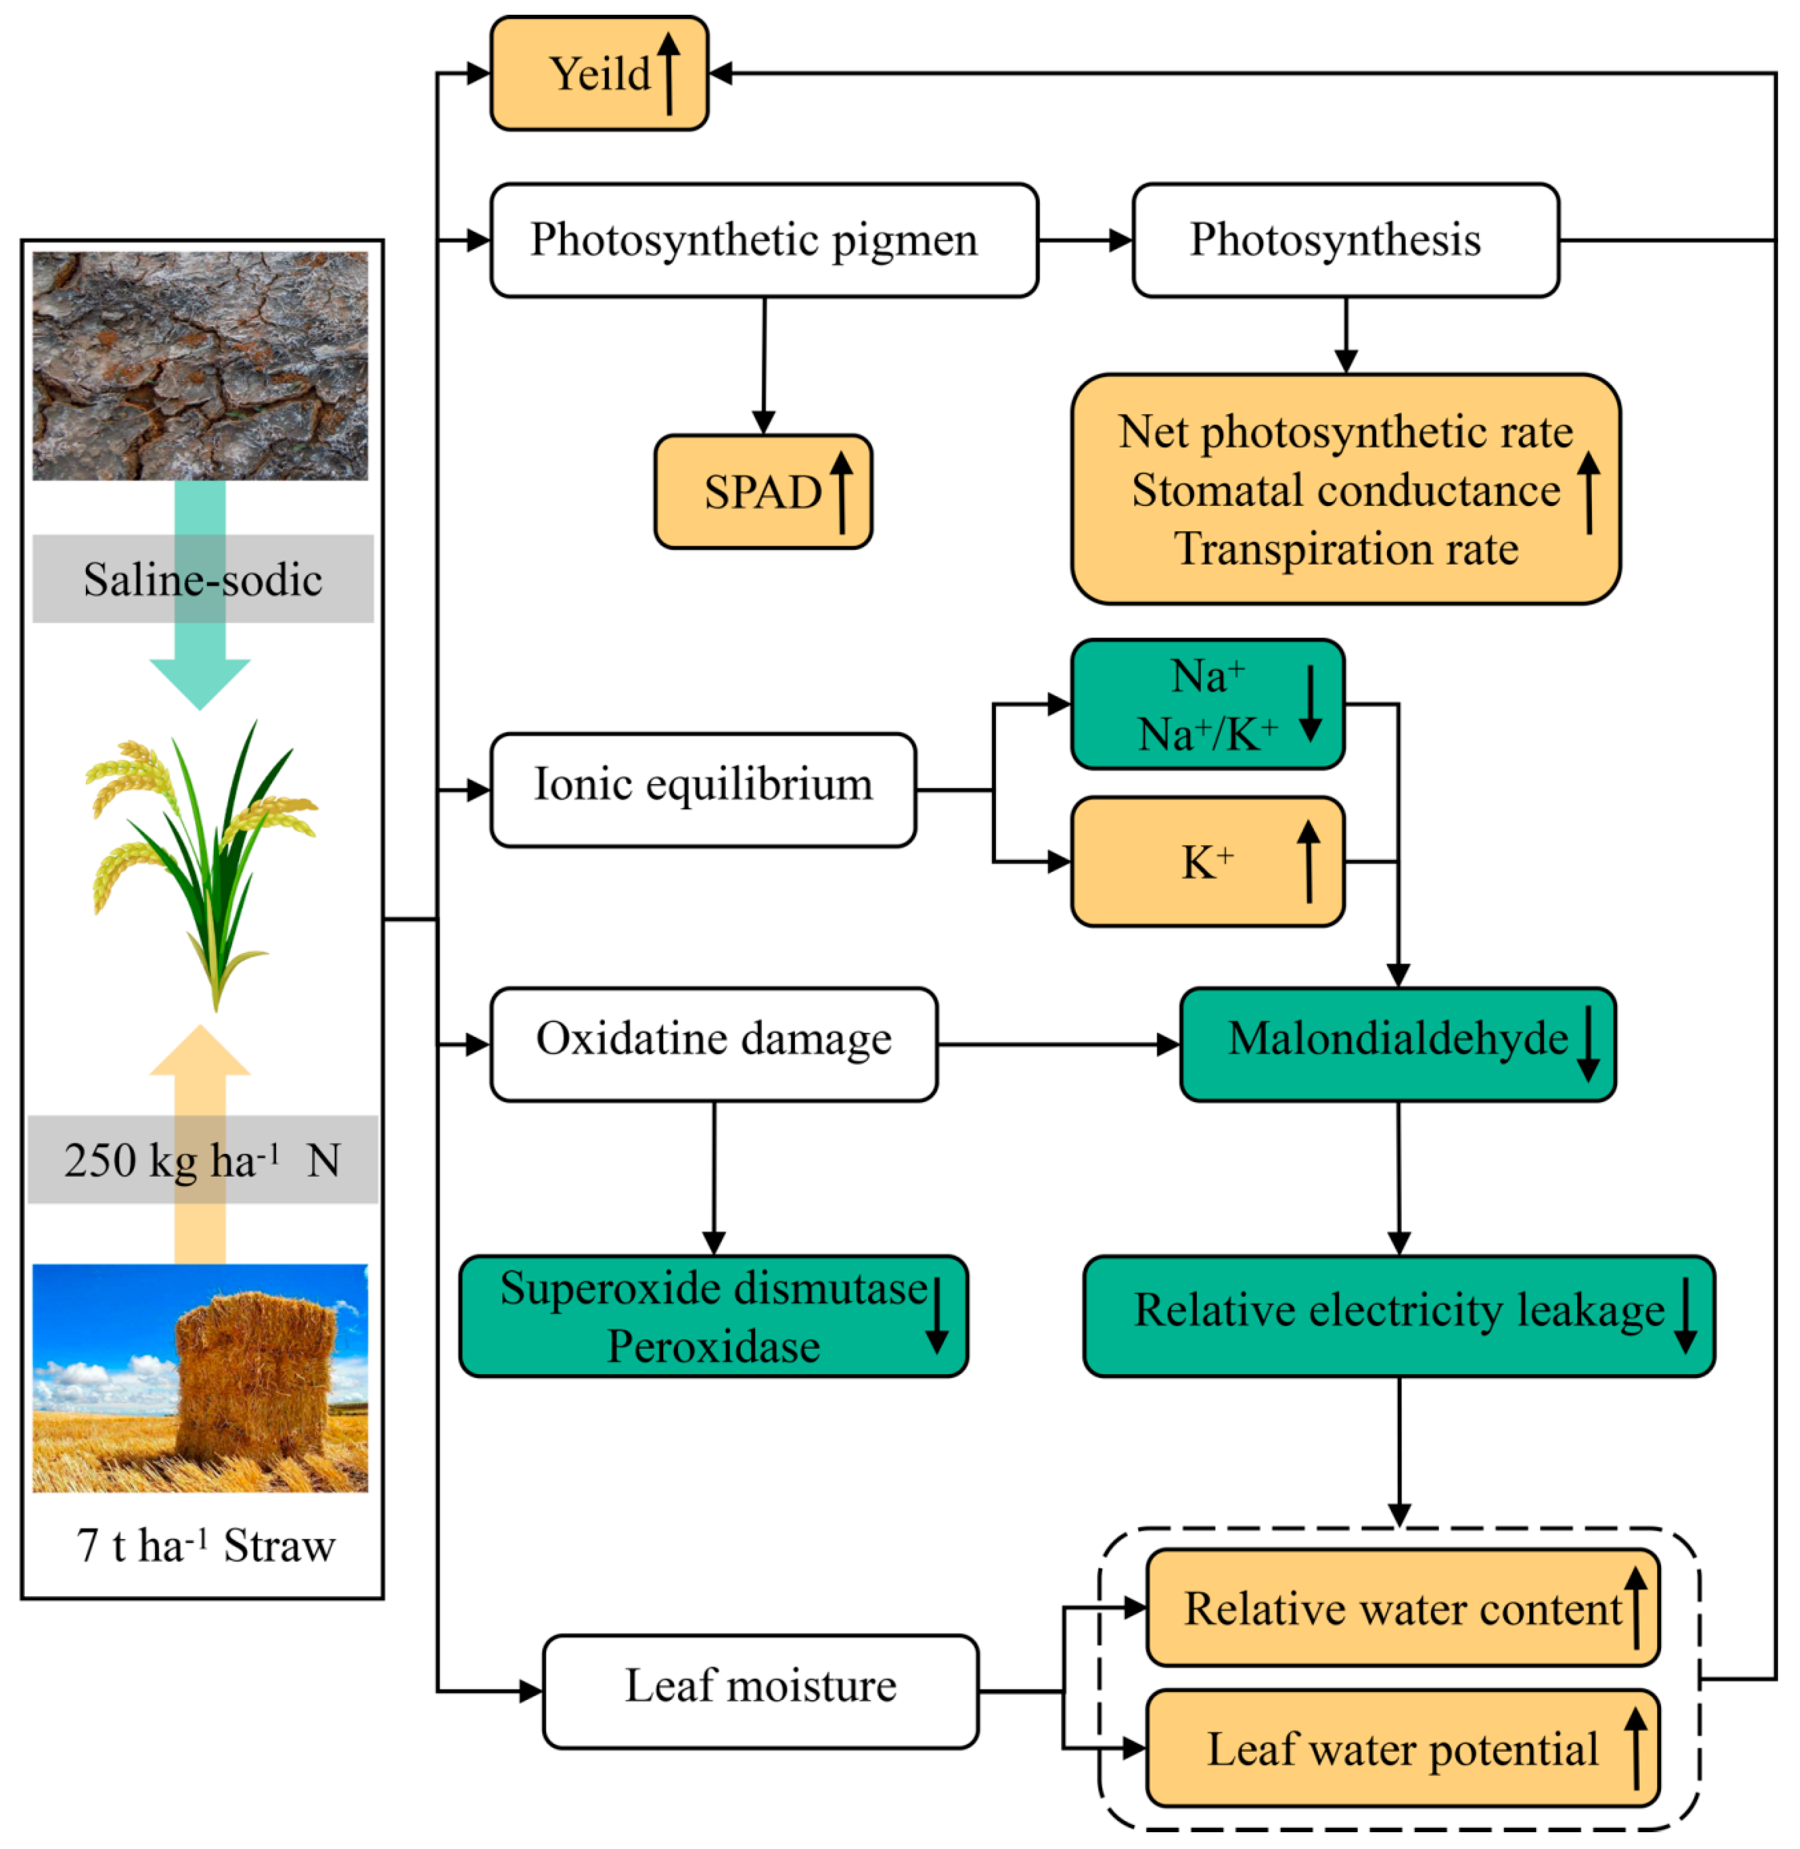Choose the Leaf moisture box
760,1691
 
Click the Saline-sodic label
202,579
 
